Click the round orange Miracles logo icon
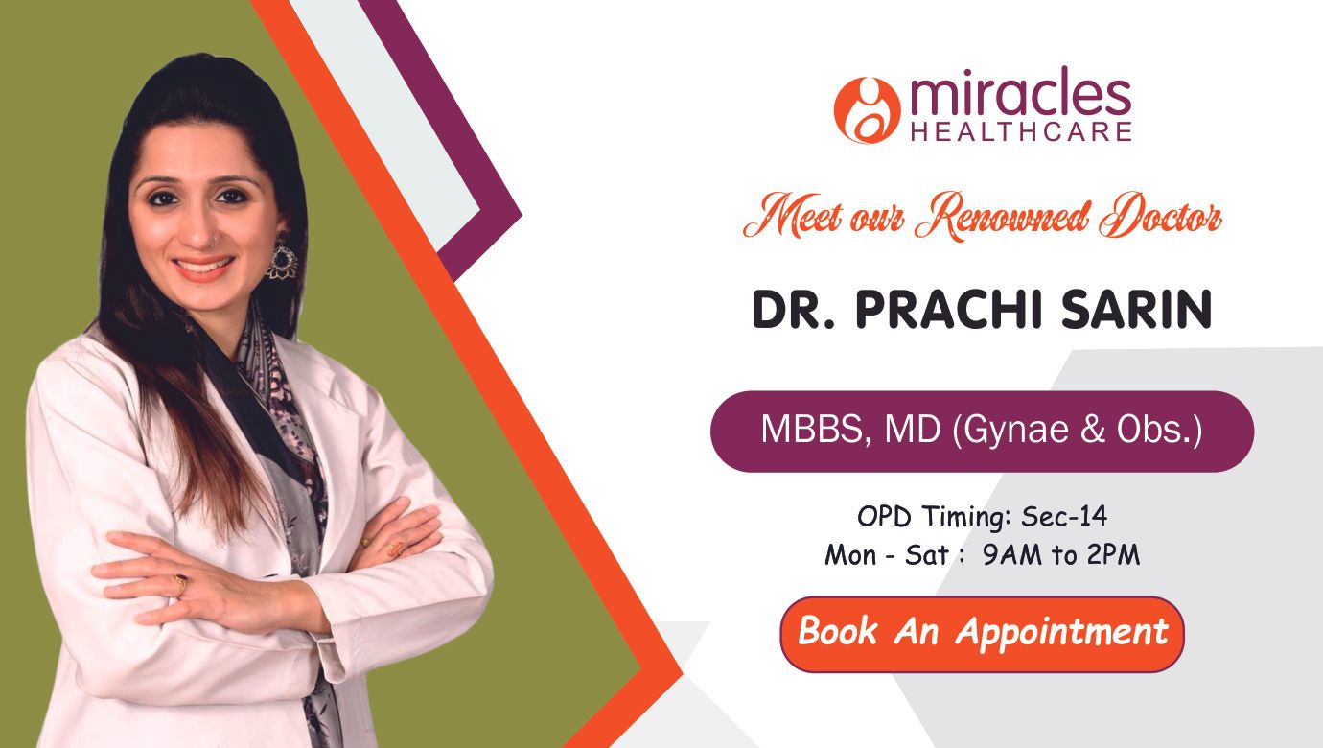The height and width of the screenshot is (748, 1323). click(x=867, y=110)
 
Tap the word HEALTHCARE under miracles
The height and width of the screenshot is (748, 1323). click(x=1021, y=131)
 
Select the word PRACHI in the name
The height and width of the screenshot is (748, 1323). click(x=949, y=309)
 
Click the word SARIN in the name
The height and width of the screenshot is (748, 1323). click(x=1136, y=309)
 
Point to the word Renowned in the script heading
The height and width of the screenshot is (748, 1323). click(x=1002, y=218)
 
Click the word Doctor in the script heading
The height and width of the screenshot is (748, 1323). click(x=1159, y=216)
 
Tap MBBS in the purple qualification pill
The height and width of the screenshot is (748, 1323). click(x=813, y=429)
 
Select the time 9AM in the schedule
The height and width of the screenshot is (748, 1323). click(x=1011, y=555)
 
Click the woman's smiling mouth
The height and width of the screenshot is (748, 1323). click(x=203, y=267)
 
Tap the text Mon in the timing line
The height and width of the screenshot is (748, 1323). click(x=850, y=555)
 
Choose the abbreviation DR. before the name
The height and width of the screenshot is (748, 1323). click(x=794, y=309)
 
